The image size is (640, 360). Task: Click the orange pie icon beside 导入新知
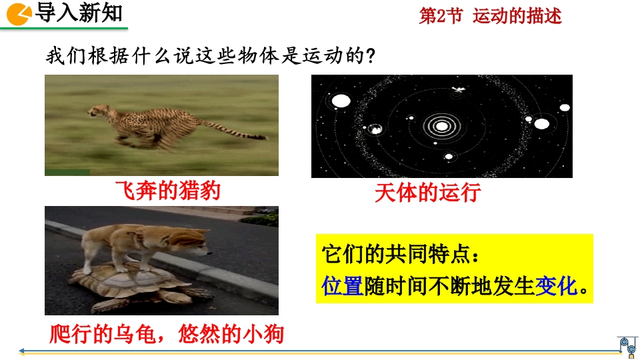[19, 14]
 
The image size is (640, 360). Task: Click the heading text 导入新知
[79, 12]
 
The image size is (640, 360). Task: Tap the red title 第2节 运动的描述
[490, 16]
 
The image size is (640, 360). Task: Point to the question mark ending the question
[371, 56]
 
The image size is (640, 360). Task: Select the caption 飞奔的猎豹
[168, 191]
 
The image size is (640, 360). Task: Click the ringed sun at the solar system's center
[441, 126]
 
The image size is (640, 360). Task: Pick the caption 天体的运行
[428, 193]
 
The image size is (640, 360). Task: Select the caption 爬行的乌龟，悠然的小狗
[167, 334]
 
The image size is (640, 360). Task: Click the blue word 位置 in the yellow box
[342, 286]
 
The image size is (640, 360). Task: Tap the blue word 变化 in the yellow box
[556, 286]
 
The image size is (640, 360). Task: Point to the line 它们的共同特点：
[401, 255]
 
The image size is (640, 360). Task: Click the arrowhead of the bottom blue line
[22, 351]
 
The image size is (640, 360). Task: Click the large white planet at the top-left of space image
[341, 101]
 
